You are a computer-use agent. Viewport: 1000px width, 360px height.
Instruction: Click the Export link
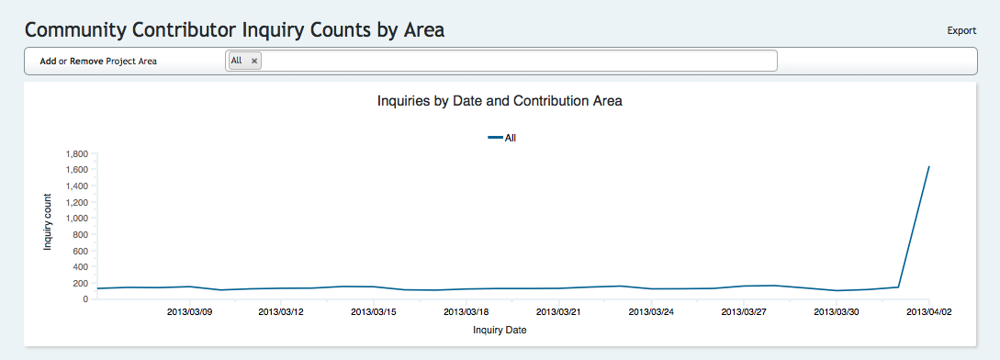(961, 30)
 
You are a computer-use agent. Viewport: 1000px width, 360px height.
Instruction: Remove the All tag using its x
(253, 61)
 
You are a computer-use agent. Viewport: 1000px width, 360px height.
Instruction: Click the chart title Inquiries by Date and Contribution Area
(500, 101)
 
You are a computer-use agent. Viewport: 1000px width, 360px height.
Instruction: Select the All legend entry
(502, 137)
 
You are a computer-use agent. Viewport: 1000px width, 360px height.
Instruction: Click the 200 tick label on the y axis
(81, 283)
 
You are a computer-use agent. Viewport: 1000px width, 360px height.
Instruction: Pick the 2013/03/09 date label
(189, 312)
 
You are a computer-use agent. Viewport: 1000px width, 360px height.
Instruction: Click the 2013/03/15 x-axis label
(374, 312)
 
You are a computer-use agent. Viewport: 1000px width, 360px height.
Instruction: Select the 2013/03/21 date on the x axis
(558, 312)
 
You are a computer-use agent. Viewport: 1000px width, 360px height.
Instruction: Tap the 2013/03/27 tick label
(743, 312)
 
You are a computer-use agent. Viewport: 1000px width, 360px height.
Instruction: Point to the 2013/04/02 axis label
(928, 312)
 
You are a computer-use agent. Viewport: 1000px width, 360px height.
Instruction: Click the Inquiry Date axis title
(500, 330)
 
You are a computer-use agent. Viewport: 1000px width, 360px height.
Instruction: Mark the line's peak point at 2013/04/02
(929, 166)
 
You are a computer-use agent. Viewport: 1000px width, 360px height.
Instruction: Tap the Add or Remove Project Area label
(98, 62)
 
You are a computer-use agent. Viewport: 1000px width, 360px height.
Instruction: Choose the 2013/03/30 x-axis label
(836, 312)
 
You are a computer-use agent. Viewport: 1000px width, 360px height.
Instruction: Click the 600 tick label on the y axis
(81, 251)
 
